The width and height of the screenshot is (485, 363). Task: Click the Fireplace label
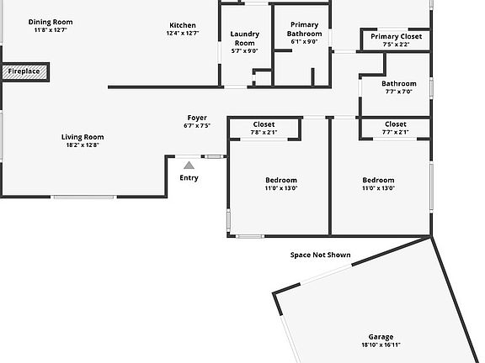point(24,71)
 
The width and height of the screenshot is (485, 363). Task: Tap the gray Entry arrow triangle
point(189,166)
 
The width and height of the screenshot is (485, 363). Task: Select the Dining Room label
point(51,22)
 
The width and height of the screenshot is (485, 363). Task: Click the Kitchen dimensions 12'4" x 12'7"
point(183,33)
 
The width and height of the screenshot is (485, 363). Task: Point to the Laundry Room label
point(245,39)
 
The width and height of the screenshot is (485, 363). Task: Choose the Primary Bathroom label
point(304,29)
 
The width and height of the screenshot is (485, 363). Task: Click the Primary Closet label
point(397,36)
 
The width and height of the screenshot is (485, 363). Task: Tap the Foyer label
point(197,118)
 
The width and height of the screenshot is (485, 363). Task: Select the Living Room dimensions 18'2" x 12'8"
point(83,145)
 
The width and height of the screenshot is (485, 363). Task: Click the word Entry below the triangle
point(189,178)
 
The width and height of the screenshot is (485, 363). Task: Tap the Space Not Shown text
point(321,255)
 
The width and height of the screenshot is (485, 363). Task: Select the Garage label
point(381,337)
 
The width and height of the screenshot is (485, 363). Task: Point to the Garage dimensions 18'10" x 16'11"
point(381,345)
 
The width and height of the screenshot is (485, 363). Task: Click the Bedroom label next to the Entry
point(281,180)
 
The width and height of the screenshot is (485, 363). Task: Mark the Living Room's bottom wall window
point(84,197)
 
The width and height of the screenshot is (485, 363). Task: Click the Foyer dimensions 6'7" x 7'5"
point(197,126)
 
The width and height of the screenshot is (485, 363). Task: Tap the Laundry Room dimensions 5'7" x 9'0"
point(245,51)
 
